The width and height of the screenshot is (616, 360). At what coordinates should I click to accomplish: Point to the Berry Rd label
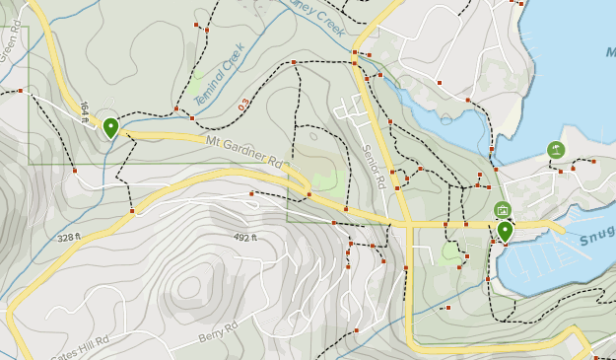[x=218, y=333]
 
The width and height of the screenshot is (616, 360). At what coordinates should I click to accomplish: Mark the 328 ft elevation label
[x=68, y=238]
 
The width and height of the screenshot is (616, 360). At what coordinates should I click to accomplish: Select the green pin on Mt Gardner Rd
[x=110, y=127]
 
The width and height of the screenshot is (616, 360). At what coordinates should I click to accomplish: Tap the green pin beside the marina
[x=505, y=231]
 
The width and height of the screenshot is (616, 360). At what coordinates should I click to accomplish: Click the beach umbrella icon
[x=556, y=150]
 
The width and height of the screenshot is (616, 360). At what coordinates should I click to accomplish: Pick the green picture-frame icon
[x=503, y=209]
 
